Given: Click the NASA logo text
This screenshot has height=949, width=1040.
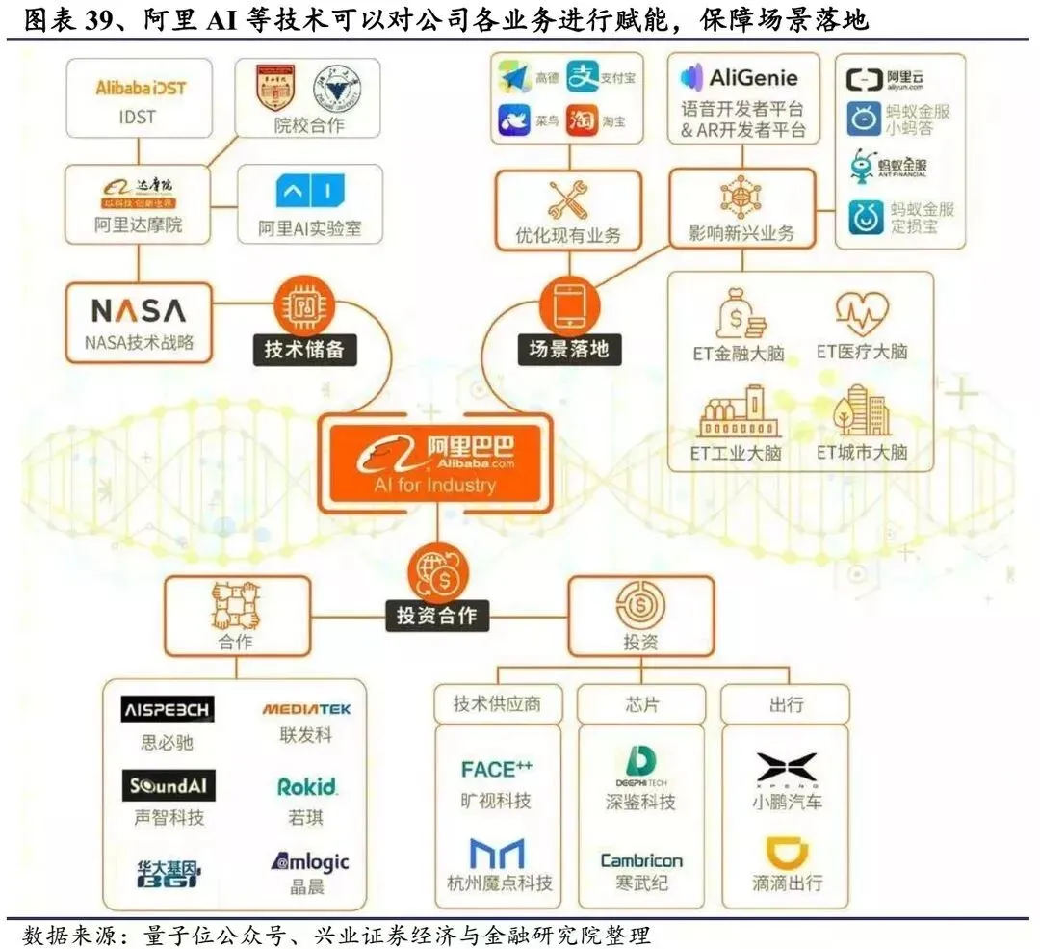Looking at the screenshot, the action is pyautogui.click(x=138, y=310).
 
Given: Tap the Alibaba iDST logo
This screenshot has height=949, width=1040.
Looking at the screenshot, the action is pyautogui.click(x=141, y=88).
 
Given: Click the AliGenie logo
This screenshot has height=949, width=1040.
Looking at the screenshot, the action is pyautogui.click(x=740, y=77).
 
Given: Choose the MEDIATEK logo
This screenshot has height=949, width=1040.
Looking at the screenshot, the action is pyautogui.click(x=306, y=710).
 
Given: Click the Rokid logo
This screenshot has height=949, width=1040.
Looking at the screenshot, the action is pyautogui.click(x=306, y=787).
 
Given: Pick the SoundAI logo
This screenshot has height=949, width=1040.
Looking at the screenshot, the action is pyautogui.click(x=169, y=786).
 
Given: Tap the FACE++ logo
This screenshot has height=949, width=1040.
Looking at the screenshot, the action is pyautogui.click(x=496, y=769).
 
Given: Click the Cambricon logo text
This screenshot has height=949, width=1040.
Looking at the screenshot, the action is pyautogui.click(x=640, y=860).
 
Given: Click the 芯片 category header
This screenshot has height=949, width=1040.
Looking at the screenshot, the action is pyautogui.click(x=640, y=703).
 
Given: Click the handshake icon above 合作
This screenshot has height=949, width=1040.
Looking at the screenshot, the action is pyautogui.click(x=235, y=607).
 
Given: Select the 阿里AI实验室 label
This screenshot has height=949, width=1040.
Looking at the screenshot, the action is pyautogui.click(x=308, y=230).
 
